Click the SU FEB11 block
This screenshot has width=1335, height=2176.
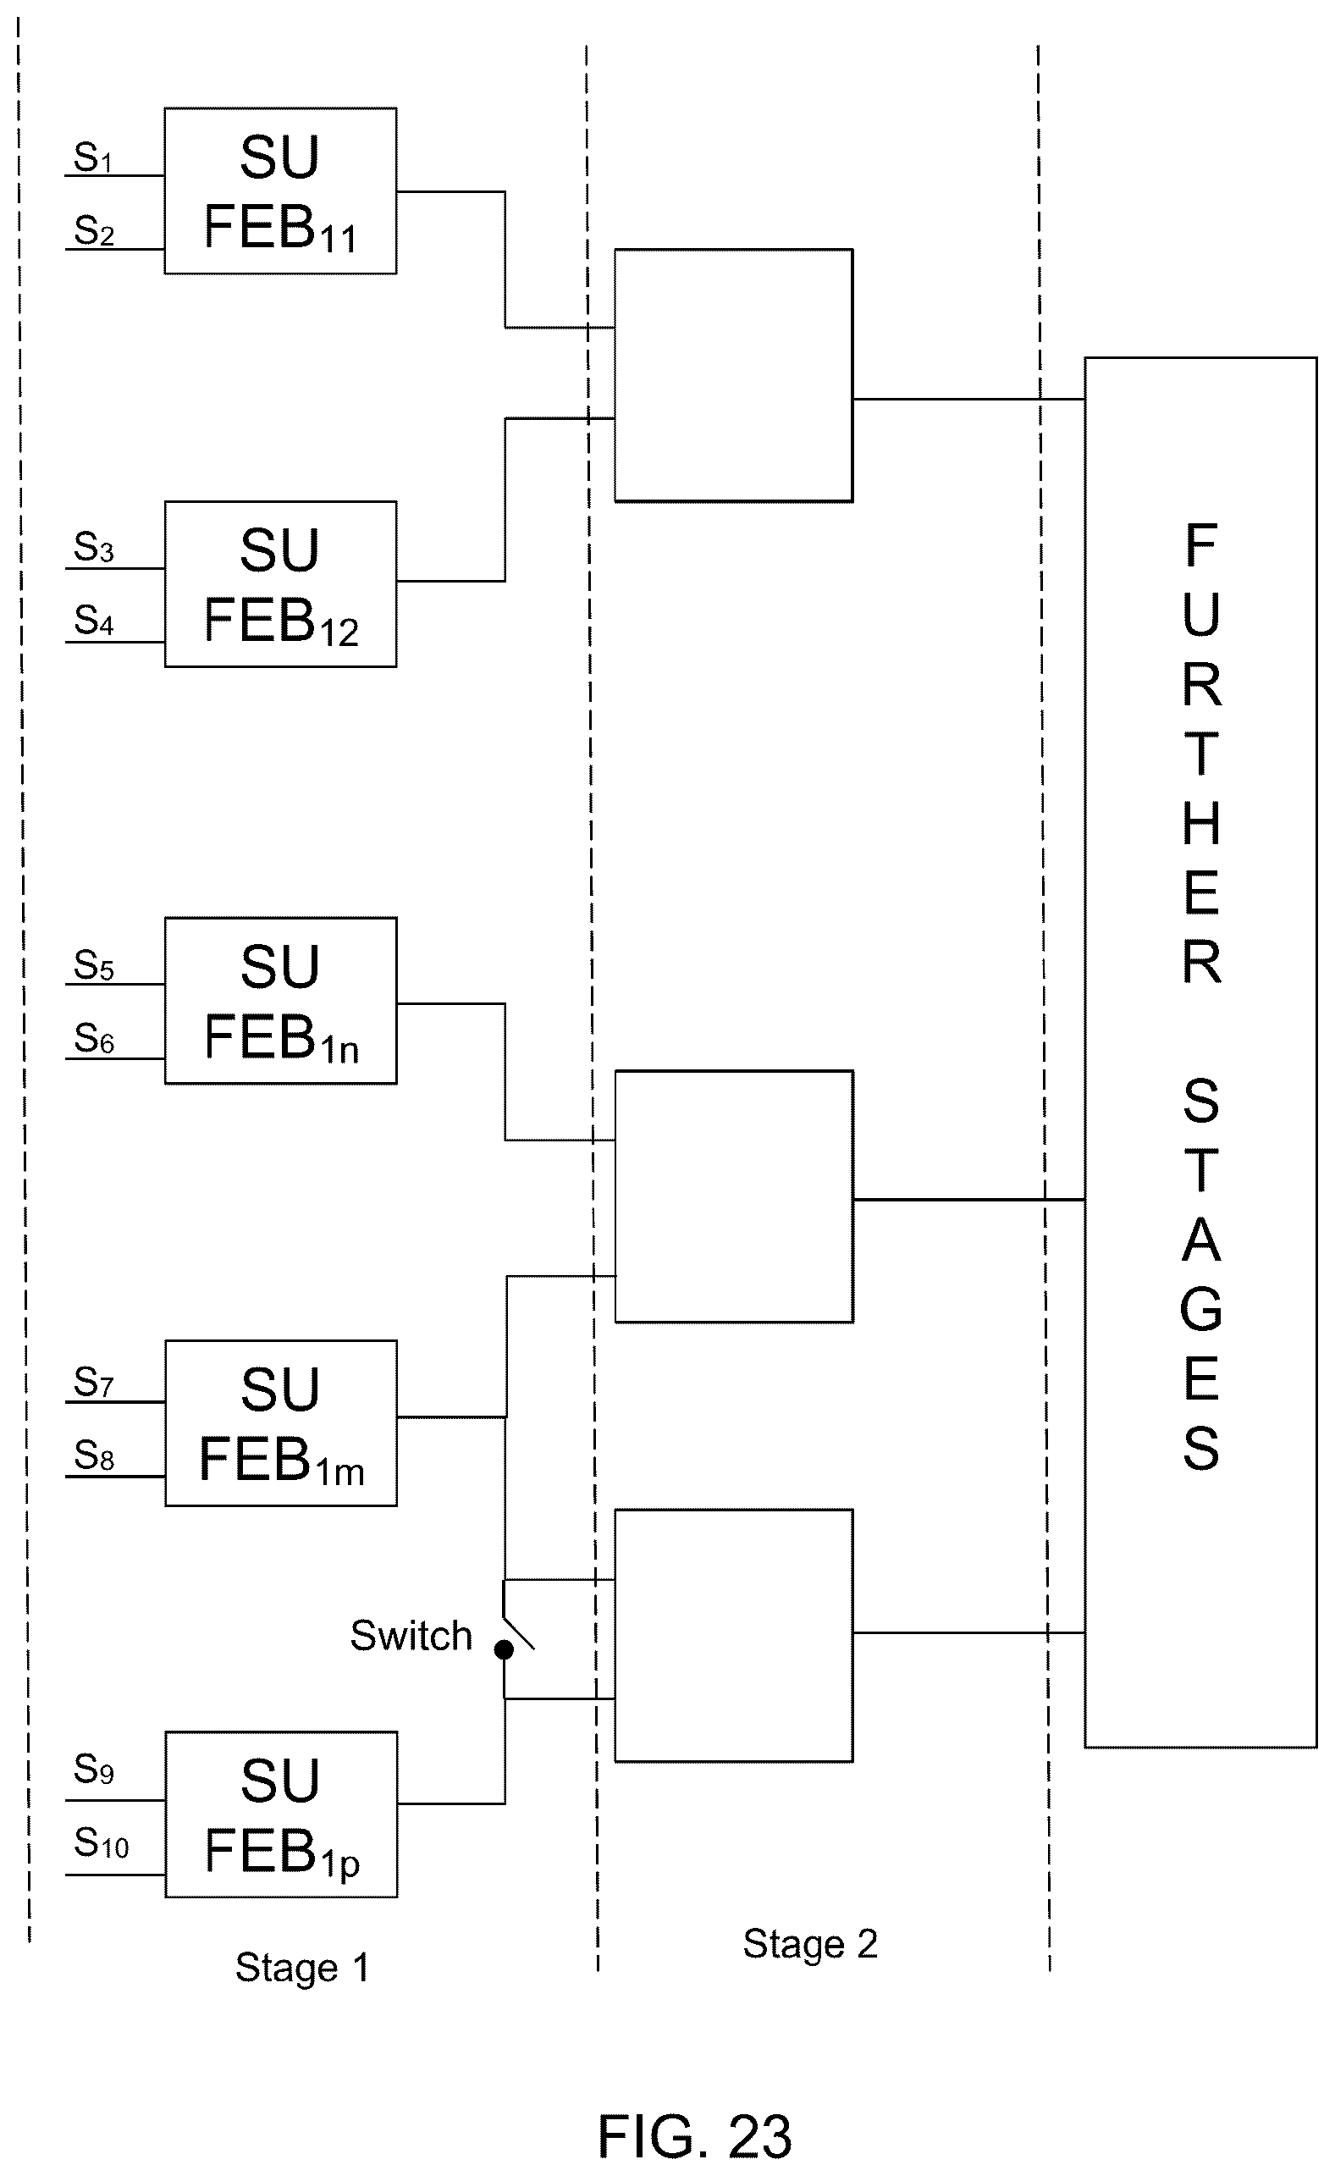tap(281, 191)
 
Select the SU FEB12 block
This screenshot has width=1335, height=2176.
tap(281, 583)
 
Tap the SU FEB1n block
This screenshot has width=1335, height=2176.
tap(281, 1001)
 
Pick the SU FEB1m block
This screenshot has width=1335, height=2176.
tap(281, 1422)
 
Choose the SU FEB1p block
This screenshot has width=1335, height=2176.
tap(281, 1814)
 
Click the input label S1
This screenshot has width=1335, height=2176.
tap(93, 158)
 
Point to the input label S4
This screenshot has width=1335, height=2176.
tap(94, 621)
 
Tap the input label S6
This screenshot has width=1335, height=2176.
tap(94, 1039)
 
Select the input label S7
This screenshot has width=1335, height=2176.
tap(94, 1382)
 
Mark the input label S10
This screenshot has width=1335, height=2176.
tap(101, 1843)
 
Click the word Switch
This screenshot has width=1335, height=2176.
tap(411, 1636)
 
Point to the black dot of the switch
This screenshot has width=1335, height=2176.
tap(504, 1649)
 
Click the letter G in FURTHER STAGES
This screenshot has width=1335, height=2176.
tap(1200, 1309)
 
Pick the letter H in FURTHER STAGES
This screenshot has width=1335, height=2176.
tap(1200, 823)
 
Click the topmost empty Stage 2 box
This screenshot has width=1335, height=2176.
tap(734, 375)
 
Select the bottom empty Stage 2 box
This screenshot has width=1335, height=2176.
tap(734, 1636)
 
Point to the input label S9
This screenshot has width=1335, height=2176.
tap(94, 1769)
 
